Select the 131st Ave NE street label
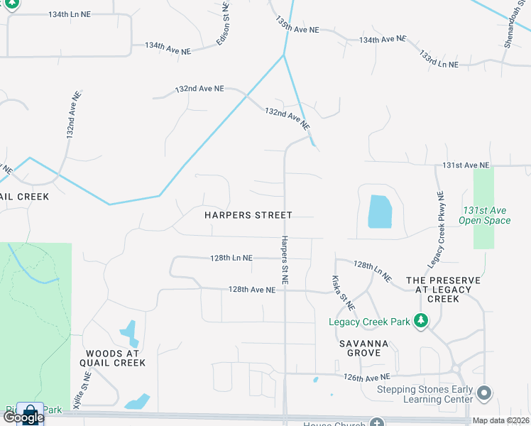[x=466, y=165]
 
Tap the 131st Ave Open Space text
[x=486, y=216]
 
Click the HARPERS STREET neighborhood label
[x=248, y=214]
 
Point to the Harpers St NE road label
[x=284, y=261]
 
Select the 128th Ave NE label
[x=251, y=290]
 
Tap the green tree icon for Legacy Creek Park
[x=421, y=322]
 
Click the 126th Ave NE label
[x=366, y=377]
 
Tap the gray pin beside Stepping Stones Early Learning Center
[x=484, y=393]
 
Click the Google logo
[x=23, y=417]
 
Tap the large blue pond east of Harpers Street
[x=379, y=212]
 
